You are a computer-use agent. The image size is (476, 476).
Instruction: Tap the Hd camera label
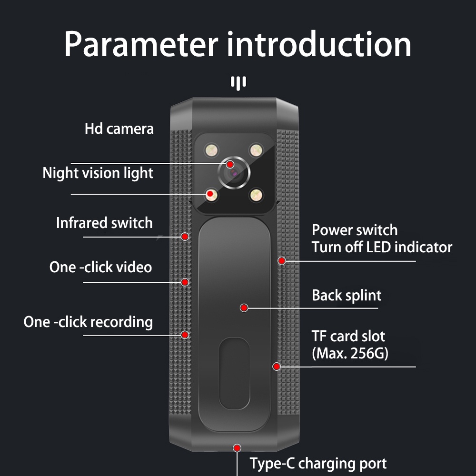click(x=119, y=129)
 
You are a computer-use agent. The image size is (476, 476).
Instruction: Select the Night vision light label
click(x=98, y=173)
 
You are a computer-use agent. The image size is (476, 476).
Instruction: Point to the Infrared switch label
click(x=104, y=223)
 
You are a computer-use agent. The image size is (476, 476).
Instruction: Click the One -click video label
click(x=100, y=267)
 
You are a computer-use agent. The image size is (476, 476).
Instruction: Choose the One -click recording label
click(x=88, y=322)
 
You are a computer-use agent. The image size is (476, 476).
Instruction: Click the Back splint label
click(x=346, y=295)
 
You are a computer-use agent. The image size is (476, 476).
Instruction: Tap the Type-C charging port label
click(x=318, y=463)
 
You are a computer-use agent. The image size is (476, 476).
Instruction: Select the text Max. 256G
click(x=350, y=353)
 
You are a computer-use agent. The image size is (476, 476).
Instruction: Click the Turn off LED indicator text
click(x=382, y=247)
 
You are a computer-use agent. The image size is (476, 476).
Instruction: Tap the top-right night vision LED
click(x=257, y=150)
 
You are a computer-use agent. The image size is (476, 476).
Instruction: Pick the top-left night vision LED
click(x=211, y=150)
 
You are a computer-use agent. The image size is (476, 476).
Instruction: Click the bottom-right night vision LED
click(x=257, y=194)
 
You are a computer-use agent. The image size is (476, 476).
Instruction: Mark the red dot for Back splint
click(x=244, y=308)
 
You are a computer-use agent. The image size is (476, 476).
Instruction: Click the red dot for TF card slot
click(x=277, y=367)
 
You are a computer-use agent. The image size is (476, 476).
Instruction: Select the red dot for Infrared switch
click(x=185, y=236)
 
